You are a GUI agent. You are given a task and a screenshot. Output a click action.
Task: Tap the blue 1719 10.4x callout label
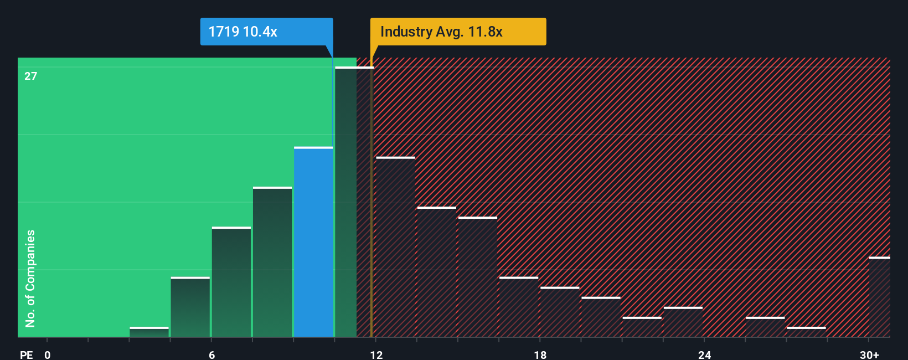266,32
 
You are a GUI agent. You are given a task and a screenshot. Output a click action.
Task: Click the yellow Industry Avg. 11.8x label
458,32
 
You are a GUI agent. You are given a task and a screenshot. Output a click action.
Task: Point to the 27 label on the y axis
31,76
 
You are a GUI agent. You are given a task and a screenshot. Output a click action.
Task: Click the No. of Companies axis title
30,278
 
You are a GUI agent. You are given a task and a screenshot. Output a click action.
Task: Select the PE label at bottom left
26,354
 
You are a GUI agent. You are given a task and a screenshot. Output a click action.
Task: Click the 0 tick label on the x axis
48,354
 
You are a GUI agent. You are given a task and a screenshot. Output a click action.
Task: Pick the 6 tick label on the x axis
211,354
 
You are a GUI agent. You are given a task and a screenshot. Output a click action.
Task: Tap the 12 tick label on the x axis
376,354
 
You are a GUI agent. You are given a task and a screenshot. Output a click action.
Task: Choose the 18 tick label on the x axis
540,354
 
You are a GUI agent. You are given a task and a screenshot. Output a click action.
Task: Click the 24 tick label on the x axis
704,354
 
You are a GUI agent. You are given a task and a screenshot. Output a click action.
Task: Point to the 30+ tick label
869,354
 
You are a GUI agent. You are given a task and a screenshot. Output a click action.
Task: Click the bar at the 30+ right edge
879,297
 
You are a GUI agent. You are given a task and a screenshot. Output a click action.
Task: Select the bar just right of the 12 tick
395,247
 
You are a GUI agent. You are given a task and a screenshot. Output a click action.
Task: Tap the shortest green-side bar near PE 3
149,332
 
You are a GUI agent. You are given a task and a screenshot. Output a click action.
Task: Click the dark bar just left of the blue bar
272,262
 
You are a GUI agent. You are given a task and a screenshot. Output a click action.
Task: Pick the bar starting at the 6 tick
231,282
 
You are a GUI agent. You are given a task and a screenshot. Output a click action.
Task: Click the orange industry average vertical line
372,199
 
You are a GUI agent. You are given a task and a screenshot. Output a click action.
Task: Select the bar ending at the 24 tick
683,322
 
